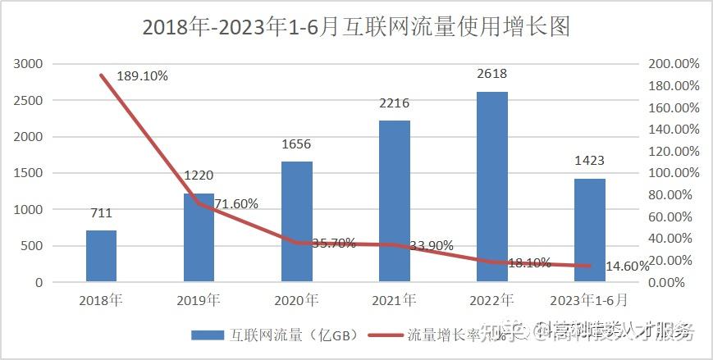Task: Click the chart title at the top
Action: click(x=356, y=27)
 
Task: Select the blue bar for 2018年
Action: click(x=101, y=256)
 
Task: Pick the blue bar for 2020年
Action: click(x=296, y=221)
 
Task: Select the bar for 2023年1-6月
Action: click(x=589, y=230)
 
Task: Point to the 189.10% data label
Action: click(x=142, y=76)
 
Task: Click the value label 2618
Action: click(x=491, y=74)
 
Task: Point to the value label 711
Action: click(x=101, y=213)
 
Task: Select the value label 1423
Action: click(x=589, y=162)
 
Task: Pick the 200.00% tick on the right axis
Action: click(x=673, y=64)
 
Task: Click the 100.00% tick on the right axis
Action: click(x=673, y=173)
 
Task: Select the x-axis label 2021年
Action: click(x=394, y=299)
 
